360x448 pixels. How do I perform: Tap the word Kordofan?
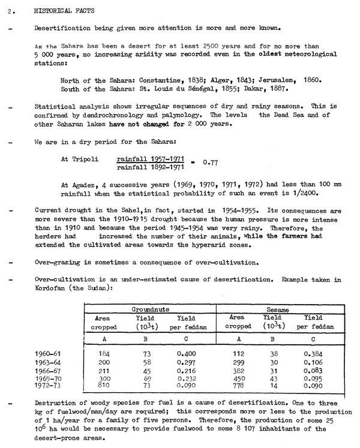[52, 288]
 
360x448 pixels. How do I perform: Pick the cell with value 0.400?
[184, 354]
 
